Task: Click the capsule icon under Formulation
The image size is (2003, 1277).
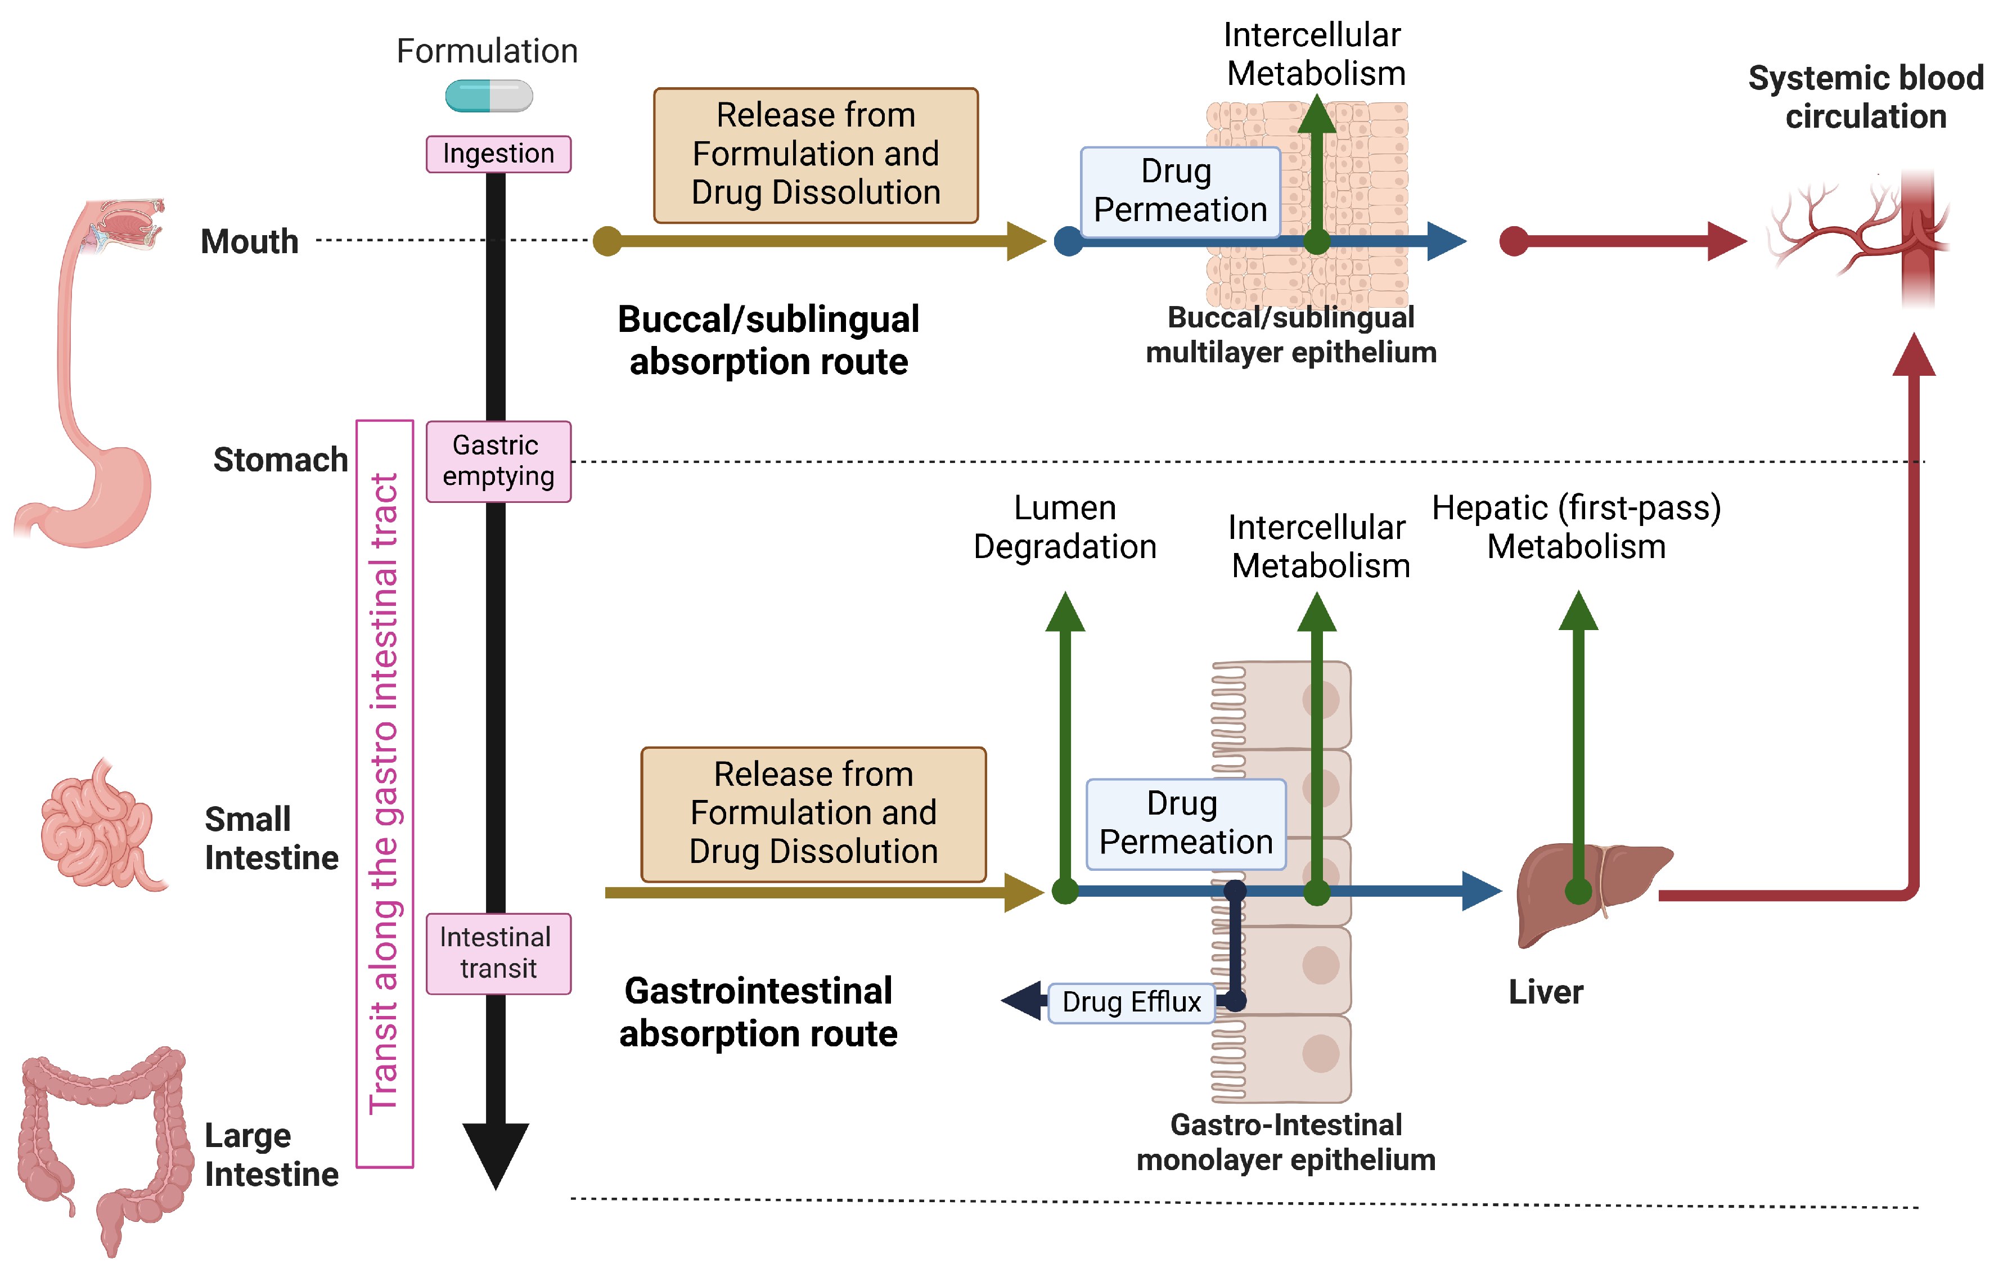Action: [x=489, y=96]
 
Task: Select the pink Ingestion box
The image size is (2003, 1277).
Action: [x=498, y=154]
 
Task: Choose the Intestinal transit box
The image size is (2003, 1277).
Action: [x=498, y=954]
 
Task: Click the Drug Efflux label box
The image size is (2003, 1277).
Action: [x=1131, y=1002]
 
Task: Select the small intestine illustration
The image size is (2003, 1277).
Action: [x=100, y=828]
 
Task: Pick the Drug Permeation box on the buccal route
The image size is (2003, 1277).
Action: [x=1180, y=191]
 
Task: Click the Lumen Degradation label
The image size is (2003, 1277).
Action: [x=1065, y=528]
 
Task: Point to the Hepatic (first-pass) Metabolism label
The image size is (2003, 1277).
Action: [x=1576, y=528]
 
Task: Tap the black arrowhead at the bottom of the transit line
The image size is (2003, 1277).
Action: [x=496, y=1152]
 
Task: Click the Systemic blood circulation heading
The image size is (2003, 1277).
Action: [x=1866, y=97]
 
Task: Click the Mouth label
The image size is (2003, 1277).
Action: [x=250, y=241]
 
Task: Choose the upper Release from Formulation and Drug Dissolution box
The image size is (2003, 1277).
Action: [x=815, y=155]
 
